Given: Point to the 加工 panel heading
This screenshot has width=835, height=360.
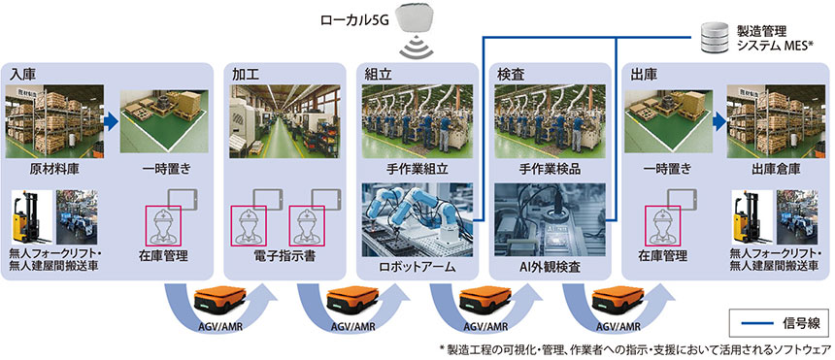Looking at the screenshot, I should (247, 74).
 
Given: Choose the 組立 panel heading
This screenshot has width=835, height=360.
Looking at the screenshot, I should (378, 74).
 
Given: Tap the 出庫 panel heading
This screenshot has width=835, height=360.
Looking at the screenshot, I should (645, 74).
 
